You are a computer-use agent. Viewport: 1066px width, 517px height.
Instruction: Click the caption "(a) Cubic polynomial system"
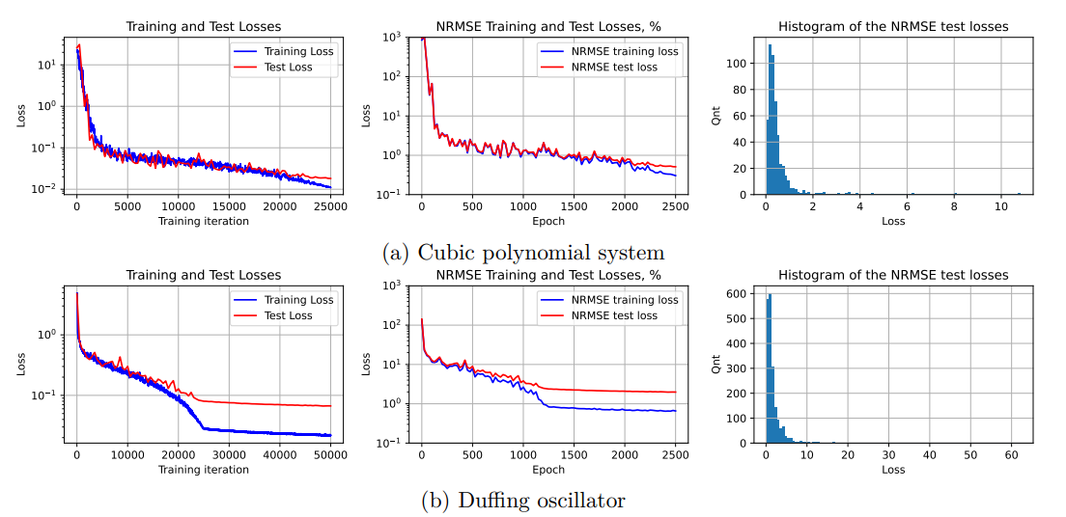coord(523,253)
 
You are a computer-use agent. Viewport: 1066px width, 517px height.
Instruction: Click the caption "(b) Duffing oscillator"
coord(523,501)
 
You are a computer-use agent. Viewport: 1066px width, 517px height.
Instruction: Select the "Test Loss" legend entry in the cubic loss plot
coord(288,68)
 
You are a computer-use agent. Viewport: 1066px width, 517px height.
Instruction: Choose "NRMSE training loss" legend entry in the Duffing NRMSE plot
coord(625,300)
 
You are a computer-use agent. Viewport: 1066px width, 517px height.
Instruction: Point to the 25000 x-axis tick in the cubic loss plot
coord(330,207)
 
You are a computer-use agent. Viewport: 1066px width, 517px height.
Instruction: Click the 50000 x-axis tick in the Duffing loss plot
coord(330,455)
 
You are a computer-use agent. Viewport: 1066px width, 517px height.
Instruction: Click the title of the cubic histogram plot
coord(893,27)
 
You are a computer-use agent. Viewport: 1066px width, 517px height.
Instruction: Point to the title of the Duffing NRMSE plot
coord(547,275)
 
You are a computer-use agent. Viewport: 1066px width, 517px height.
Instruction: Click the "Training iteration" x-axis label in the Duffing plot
coord(204,470)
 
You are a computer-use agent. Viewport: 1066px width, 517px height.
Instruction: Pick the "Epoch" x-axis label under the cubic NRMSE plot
coord(547,221)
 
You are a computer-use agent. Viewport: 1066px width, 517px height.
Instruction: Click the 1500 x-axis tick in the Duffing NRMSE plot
coord(574,455)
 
